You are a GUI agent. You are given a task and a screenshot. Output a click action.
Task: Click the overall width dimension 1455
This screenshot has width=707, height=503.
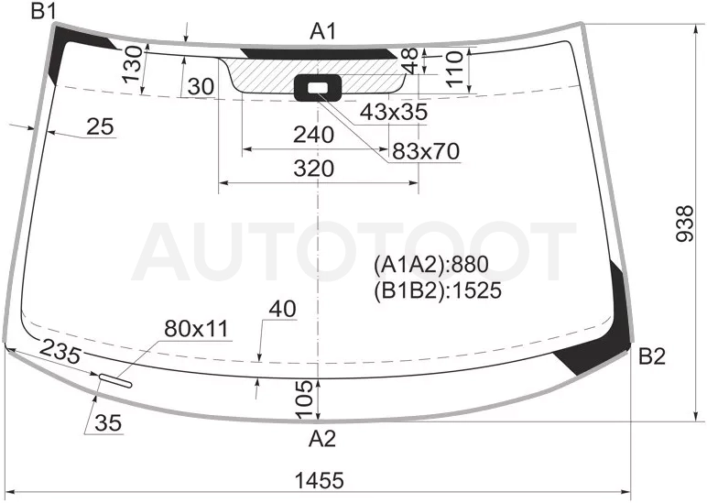coord(319,480)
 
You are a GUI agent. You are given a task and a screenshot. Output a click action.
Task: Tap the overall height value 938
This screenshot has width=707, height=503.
coord(685,224)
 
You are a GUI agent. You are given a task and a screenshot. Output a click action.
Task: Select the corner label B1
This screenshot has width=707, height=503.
coord(43,11)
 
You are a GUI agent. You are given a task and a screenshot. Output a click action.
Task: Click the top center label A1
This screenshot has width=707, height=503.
coord(323,31)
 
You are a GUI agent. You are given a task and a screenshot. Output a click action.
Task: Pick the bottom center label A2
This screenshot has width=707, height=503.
coord(322,438)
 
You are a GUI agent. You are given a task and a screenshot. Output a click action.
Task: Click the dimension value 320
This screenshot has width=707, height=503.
coord(314,169)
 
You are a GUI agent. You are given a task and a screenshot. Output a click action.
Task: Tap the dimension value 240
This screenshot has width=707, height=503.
coord(314,135)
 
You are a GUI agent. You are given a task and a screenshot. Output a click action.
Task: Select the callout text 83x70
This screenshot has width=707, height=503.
coord(426,151)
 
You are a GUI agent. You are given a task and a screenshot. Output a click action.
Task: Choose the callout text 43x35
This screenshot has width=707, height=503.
coord(394,112)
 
